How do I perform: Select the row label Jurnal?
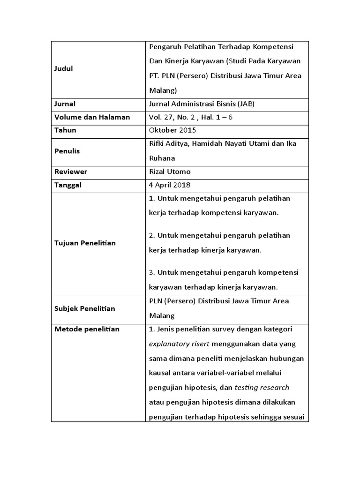[65, 104]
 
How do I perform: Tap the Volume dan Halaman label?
[92, 117]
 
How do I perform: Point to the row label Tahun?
[65, 130]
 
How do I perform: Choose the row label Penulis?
[67, 151]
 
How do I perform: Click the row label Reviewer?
[70, 172]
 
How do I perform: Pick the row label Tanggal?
[68, 185]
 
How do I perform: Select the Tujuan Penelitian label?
[85, 243]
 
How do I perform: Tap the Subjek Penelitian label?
[85, 308]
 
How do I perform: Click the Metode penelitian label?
[87, 329]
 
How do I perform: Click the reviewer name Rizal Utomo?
[170, 172]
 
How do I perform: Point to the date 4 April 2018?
[170, 185]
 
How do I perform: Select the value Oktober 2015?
[172, 130]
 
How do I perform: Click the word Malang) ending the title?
[163, 90]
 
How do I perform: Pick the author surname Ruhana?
[162, 158]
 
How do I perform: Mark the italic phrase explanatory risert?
[176, 344]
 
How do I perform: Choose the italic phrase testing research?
[262, 388]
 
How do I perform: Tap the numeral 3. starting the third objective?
[152, 272]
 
